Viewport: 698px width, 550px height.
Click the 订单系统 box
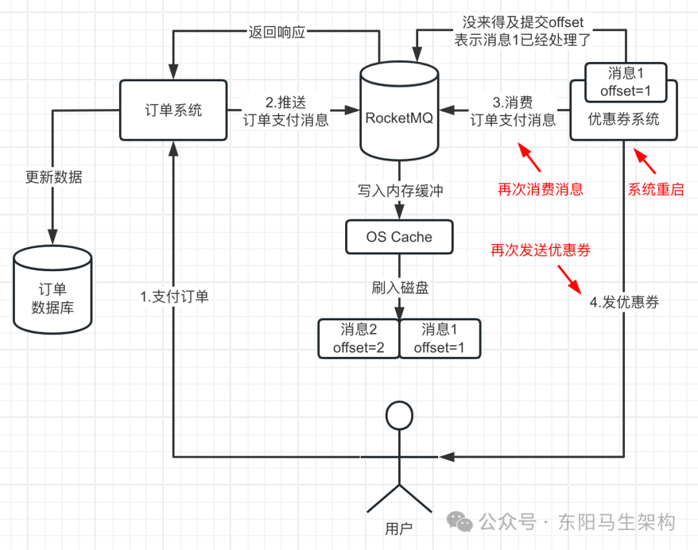[173, 110]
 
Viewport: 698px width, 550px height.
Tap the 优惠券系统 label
[623, 119]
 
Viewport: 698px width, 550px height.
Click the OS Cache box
[399, 237]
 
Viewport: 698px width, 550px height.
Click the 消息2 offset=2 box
[359, 339]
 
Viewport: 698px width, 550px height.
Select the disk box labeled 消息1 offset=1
[439, 339]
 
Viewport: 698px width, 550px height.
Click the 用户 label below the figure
[398, 529]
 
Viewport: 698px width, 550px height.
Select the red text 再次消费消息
[540, 189]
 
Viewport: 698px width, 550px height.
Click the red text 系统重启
[655, 189]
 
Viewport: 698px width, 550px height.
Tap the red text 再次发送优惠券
[540, 250]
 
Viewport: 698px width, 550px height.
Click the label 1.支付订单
[174, 297]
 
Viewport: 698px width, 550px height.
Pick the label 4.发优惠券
[624, 302]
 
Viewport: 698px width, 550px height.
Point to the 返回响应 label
[277, 32]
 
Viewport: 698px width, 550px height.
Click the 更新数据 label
[54, 177]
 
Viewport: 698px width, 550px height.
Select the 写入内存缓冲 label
[401, 190]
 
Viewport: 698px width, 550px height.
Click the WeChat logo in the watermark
[461, 522]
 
